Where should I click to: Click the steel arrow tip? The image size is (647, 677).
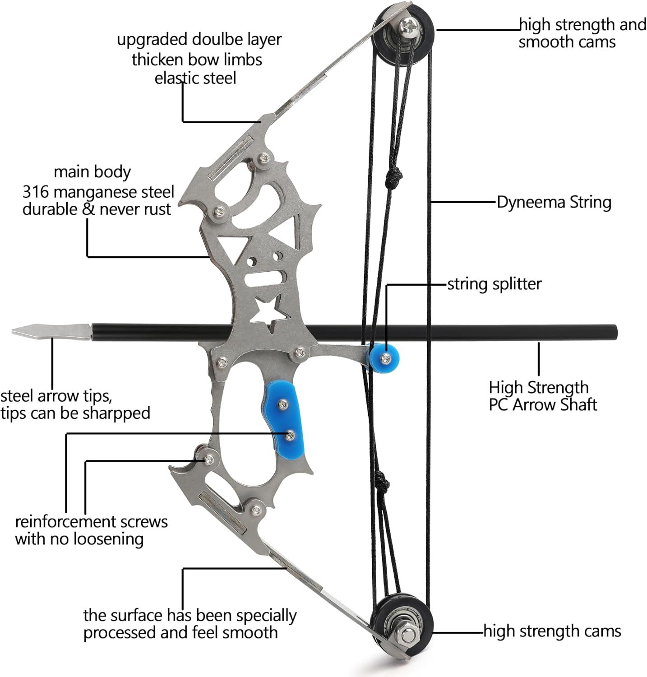(50, 332)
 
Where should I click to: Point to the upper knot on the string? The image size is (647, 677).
(393, 176)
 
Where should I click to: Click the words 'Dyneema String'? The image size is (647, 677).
(554, 202)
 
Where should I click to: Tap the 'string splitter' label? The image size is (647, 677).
(494, 284)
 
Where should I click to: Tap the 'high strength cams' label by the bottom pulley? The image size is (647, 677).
(552, 631)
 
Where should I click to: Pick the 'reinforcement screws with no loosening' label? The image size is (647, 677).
(91, 530)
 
